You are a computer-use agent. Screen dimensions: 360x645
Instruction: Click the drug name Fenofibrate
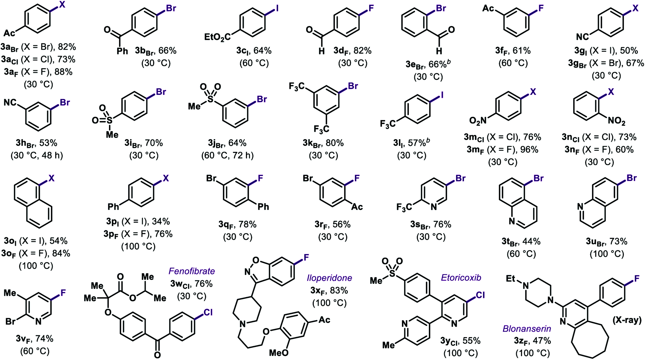192,271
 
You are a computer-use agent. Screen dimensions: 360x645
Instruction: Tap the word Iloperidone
329,278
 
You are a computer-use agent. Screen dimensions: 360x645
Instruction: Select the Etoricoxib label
461,278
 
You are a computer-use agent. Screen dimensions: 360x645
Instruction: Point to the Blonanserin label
527,329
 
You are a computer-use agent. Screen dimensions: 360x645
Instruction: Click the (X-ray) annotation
627,320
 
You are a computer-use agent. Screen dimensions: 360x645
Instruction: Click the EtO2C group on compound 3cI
217,37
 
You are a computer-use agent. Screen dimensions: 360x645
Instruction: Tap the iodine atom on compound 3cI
277,8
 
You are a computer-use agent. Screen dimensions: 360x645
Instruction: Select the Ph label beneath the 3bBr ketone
122,51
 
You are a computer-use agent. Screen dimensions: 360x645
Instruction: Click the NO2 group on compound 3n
616,121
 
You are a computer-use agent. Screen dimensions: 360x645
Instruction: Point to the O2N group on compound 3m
478,121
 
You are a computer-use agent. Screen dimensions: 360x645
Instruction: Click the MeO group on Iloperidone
279,353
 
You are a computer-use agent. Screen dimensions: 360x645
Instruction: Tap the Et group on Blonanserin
510,279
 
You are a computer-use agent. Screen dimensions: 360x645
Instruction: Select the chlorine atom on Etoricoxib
480,295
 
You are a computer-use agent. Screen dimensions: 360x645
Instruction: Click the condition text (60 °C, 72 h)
227,155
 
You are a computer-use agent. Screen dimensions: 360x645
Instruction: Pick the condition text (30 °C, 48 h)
37,155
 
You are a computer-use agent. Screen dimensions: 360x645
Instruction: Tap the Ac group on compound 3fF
488,8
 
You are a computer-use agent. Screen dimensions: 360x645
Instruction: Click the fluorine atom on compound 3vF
63,293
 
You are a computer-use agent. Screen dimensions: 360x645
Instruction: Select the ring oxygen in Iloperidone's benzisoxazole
256,260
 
